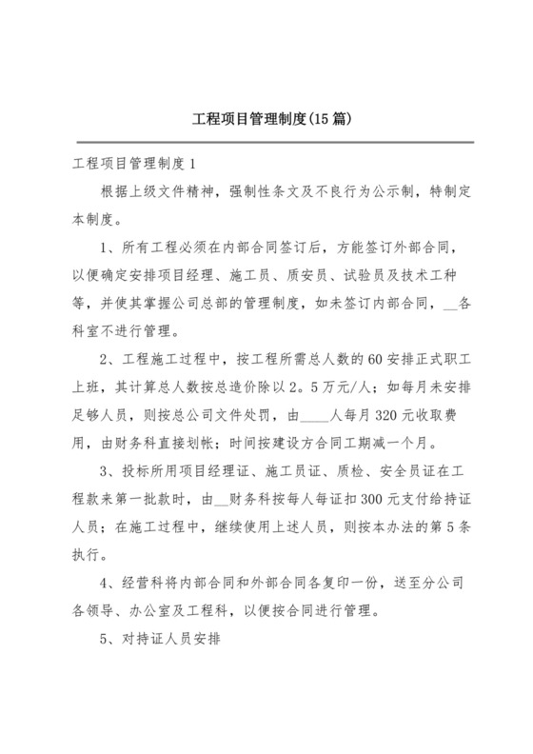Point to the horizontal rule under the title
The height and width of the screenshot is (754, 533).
click(x=266, y=143)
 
